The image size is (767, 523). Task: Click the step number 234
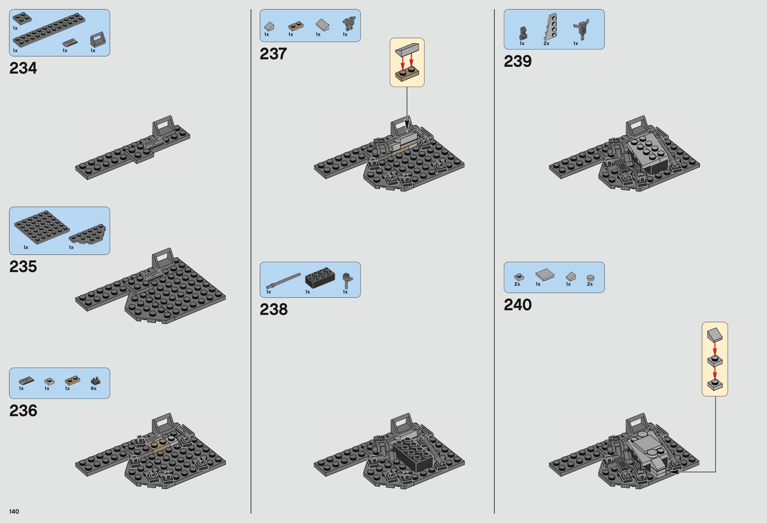[23, 68]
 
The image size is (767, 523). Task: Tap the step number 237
[273, 54]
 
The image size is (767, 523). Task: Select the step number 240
[518, 305]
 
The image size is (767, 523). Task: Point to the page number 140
[14, 512]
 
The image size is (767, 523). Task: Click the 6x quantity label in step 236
[94, 389]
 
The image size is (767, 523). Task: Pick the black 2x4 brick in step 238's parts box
[320, 278]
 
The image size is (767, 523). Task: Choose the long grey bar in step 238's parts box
[284, 280]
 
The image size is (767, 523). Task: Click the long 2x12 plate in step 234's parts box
[49, 30]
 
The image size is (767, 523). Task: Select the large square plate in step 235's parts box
[42, 227]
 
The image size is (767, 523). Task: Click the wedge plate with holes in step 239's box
[551, 27]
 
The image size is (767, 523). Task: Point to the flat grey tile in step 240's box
[545, 275]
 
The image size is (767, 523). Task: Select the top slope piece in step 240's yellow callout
[715, 334]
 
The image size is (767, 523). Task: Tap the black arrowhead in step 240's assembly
[673, 472]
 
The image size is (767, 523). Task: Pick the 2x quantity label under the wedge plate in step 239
[546, 43]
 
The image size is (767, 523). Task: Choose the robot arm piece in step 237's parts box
[348, 24]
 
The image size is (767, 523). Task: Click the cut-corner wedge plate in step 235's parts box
[88, 234]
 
